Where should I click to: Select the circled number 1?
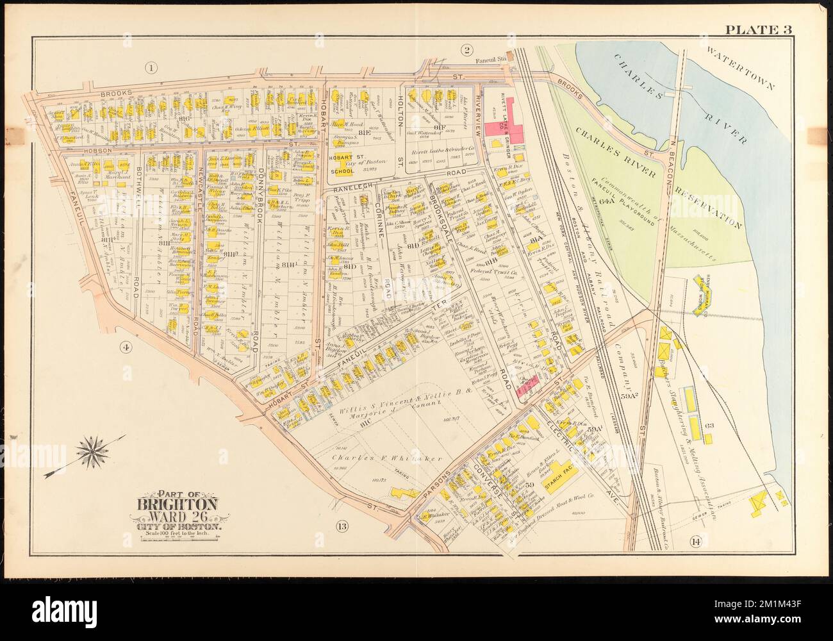coord(151,69)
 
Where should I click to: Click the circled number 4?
coord(125,348)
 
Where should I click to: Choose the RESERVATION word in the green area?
coord(711,199)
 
